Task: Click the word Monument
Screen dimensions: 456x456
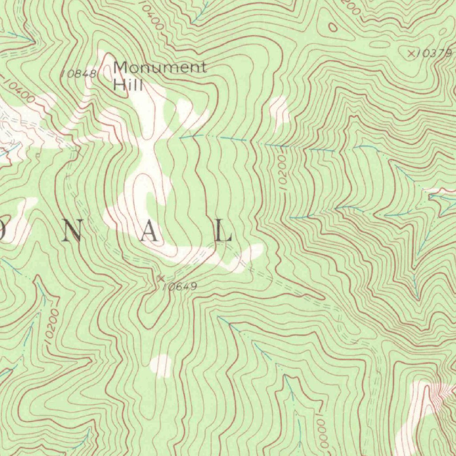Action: tap(159, 68)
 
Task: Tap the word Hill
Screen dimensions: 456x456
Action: tap(128, 84)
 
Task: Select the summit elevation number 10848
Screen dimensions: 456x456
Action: tap(78, 74)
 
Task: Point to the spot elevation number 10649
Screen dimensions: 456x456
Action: tap(179, 287)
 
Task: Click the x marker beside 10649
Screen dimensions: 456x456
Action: tap(161, 278)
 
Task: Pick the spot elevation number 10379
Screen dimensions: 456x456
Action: tap(436, 53)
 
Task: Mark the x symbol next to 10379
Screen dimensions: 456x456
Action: tap(411, 54)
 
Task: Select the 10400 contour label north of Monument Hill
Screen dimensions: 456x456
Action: tap(151, 16)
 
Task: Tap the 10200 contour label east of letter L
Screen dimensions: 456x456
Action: tap(281, 174)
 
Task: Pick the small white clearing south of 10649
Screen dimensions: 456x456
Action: tap(161, 366)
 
